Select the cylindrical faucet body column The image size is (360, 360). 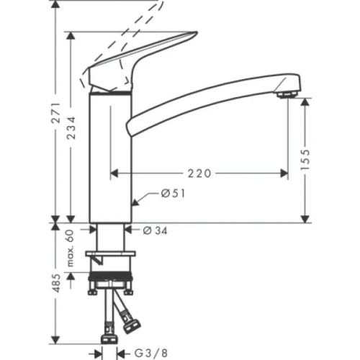[110, 158]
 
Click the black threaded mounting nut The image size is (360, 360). [110, 277]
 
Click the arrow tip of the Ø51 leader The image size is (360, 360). [135, 204]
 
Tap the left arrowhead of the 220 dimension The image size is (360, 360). [114, 174]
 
